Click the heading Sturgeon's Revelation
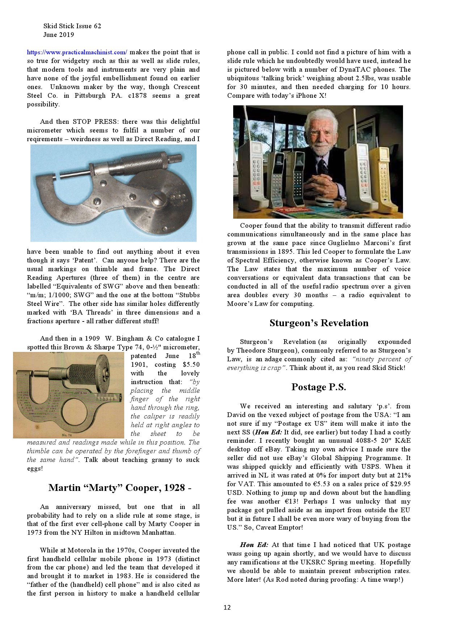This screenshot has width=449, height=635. [x=319, y=323]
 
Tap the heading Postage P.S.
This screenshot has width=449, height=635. [x=319, y=387]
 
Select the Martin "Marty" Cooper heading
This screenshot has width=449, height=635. [x=120, y=488]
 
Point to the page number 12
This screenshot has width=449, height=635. [x=227, y=607]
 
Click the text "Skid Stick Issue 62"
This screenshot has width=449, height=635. [x=72, y=26]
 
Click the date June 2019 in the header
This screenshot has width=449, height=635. [x=58, y=35]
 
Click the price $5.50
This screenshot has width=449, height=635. [x=191, y=365]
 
